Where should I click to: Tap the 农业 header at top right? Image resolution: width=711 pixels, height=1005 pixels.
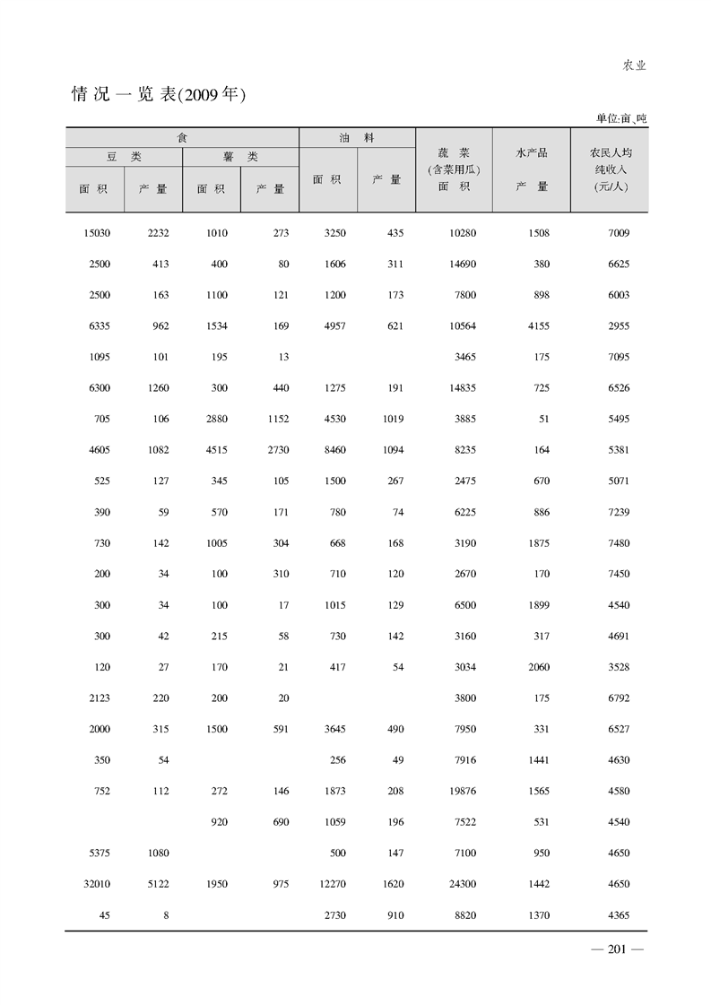tap(635, 65)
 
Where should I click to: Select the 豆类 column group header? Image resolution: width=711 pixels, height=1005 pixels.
tap(124, 156)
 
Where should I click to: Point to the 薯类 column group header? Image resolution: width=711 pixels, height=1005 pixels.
tap(240, 156)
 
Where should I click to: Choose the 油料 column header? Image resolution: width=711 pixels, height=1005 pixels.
tap(357, 137)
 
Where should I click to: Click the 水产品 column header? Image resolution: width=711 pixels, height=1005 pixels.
tap(531, 153)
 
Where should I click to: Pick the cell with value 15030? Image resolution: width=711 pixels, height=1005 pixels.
tap(95, 233)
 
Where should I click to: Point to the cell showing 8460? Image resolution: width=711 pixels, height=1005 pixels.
tap(333, 450)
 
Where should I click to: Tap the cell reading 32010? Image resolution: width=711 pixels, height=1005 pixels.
tap(95, 884)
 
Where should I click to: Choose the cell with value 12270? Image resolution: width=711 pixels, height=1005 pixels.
tap(332, 884)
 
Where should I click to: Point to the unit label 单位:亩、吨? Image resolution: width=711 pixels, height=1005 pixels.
tap(620, 118)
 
